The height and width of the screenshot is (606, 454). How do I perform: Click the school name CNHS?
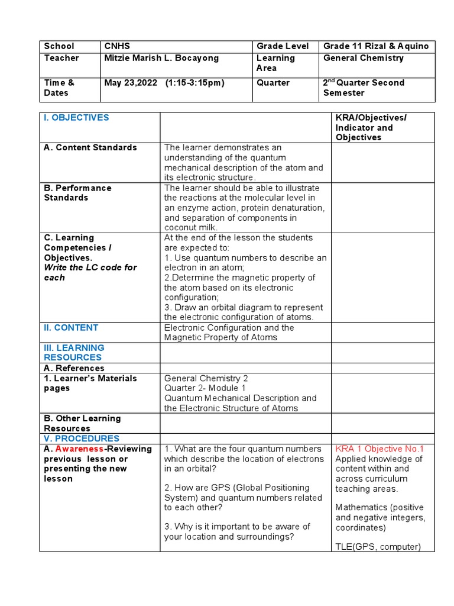coord(118,46)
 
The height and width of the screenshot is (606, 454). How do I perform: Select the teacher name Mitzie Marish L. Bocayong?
coord(161,58)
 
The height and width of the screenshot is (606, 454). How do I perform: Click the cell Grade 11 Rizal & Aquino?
coord(375,46)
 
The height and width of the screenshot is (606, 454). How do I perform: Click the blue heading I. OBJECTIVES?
coord(76,118)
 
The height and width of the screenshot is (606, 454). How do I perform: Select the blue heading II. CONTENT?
coord(71,328)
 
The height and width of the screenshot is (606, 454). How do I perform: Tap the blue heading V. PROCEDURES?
coord(82,439)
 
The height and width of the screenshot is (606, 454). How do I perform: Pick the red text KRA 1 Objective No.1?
coord(380,449)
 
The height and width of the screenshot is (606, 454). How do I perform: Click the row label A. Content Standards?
coord(90,147)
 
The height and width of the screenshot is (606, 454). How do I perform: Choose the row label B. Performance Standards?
coord(77,193)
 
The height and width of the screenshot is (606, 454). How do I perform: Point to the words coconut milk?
coord(192,228)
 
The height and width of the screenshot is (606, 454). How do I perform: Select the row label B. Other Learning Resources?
coord(82,423)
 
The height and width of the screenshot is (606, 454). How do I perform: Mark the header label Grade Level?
coord(280,46)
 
